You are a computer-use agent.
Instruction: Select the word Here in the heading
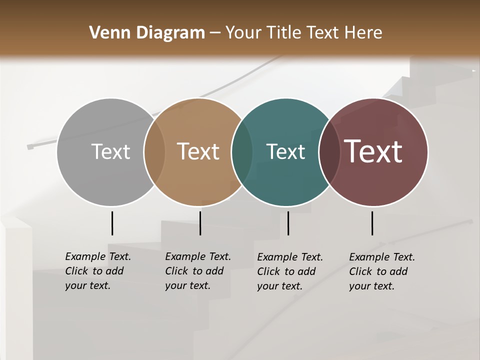pos(363,33)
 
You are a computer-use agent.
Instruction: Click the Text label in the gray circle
pos(110,151)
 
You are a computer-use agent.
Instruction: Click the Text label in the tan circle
pos(198,151)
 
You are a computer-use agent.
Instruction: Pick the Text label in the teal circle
pos(285,151)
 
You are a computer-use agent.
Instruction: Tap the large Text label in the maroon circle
pos(373,151)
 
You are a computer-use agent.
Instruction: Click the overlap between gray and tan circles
pos(154,152)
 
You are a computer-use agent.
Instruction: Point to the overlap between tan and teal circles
pos(242,152)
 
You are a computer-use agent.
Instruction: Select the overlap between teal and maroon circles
pos(329,152)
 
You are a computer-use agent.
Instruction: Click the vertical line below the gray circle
pos(112,223)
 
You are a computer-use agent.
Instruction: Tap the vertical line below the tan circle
pos(200,223)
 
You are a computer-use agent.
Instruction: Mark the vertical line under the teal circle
pos(288,223)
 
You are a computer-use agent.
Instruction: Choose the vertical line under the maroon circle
pos(372,223)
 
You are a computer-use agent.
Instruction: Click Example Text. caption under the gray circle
pos(98,256)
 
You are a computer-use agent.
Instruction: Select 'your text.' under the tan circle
pos(187,285)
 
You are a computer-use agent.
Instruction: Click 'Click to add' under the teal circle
pos(286,271)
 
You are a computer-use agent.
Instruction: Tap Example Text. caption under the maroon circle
pos(382,257)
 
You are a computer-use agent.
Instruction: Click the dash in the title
pos(215,33)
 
